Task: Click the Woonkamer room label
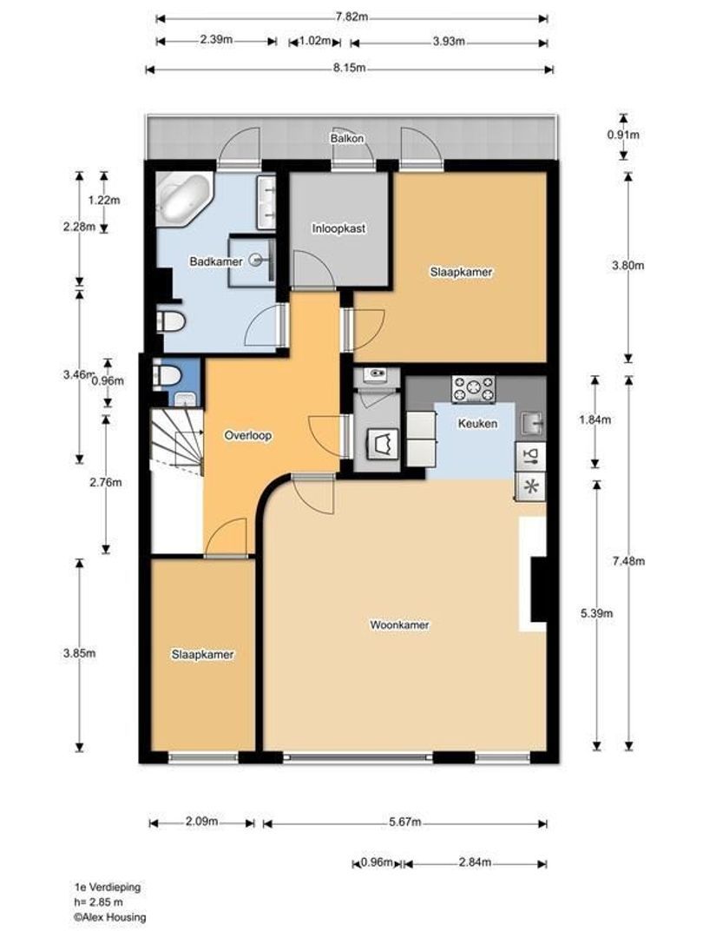pyautogui.click(x=399, y=625)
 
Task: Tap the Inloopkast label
pyautogui.click(x=338, y=228)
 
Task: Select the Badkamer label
pyautogui.click(x=216, y=261)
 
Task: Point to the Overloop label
pyautogui.click(x=248, y=435)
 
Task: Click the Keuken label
pyautogui.click(x=477, y=424)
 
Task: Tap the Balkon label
pyautogui.click(x=347, y=138)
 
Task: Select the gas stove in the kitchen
pyautogui.click(x=474, y=389)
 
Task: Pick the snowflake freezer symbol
pyautogui.click(x=530, y=486)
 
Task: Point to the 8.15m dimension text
pyautogui.click(x=350, y=69)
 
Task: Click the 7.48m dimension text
pyautogui.click(x=629, y=561)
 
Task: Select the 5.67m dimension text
pyautogui.click(x=404, y=822)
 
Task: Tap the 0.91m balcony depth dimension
pyautogui.click(x=623, y=135)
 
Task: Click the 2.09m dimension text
pyautogui.click(x=201, y=822)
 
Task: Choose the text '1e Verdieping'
pyautogui.click(x=108, y=887)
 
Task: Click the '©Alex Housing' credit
pyautogui.click(x=110, y=917)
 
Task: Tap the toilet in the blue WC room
pyautogui.click(x=168, y=376)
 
